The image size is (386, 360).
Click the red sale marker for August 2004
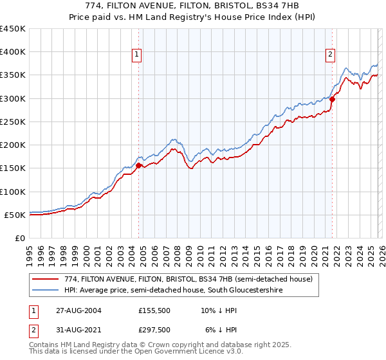tap(138, 165)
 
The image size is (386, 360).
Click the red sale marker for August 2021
tap(333, 99)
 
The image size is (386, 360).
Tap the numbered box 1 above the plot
tap(138, 55)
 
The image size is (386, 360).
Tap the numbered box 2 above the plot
tap(330, 55)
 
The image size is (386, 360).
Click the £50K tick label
tap(15, 215)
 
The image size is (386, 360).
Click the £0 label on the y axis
tap(19, 238)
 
